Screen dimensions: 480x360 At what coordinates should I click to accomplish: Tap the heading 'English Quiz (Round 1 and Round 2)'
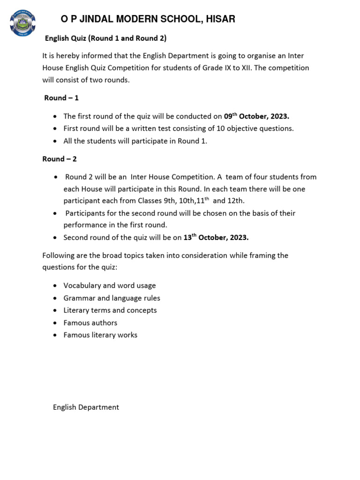click(x=105, y=38)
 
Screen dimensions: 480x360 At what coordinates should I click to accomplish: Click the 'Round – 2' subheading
click(x=60, y=159)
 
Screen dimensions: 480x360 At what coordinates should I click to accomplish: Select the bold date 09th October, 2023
click(x=256, y=116)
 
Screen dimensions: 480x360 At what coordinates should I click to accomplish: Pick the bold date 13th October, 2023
click(x=216, y=237)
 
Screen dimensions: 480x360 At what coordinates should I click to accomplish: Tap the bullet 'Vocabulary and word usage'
click(x=110, y=285)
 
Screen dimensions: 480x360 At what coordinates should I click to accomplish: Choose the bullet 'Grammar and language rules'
click(x=112, y=298)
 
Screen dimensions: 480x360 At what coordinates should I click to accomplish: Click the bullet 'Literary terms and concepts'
click(x=110, y=310)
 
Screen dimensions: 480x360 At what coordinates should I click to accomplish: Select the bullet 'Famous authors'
click(x=90, y=323)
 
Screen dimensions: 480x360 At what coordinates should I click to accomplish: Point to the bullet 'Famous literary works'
click(x=100, y=335)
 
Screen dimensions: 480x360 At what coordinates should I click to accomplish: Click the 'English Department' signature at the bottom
click(x=86, y=407)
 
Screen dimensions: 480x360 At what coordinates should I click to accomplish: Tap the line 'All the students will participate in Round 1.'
click(x=135, y=141)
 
